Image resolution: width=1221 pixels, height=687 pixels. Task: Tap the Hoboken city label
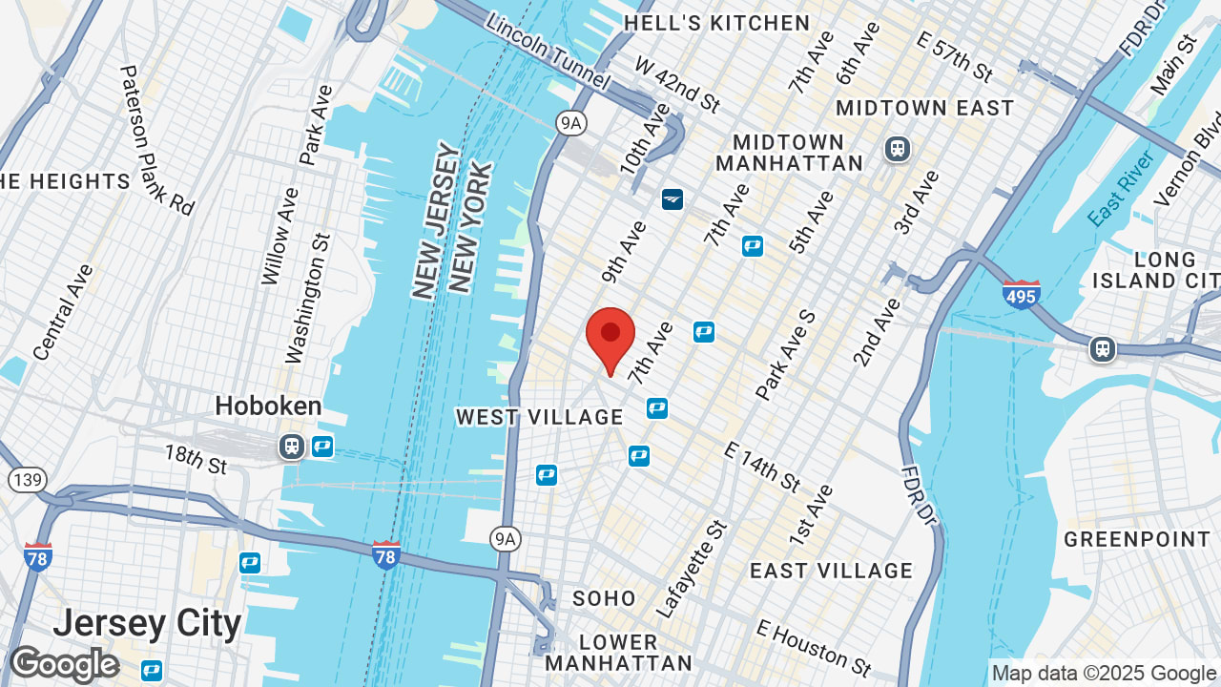point(268,406)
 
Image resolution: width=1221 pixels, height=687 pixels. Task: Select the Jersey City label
point(147,624)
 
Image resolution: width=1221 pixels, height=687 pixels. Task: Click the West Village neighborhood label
point(539,417)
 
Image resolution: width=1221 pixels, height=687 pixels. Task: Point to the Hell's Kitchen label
point(716,23)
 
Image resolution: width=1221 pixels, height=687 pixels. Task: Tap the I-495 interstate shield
point(1021,293)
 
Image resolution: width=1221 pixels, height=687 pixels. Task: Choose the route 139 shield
point(30,479)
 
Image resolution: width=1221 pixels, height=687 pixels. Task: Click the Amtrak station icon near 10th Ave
point(673,198)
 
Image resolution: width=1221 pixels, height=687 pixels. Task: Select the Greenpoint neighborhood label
point(1137,539)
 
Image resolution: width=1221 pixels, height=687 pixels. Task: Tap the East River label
point(1122,187)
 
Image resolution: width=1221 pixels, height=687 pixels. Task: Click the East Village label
point(831,571)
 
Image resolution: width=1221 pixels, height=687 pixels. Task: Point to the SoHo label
point(604,598)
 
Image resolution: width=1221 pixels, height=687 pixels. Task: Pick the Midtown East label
point(924,108)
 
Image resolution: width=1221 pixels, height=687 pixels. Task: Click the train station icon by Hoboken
point(291,446)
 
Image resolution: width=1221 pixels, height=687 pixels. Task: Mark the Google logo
point(64,664)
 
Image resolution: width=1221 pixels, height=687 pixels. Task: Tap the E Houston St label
point(814,647)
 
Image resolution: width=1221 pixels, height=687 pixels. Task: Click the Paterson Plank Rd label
point(157,139)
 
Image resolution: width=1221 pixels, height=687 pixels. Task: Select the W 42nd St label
point(677,82)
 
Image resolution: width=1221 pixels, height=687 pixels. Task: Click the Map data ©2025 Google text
point(1104,673)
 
